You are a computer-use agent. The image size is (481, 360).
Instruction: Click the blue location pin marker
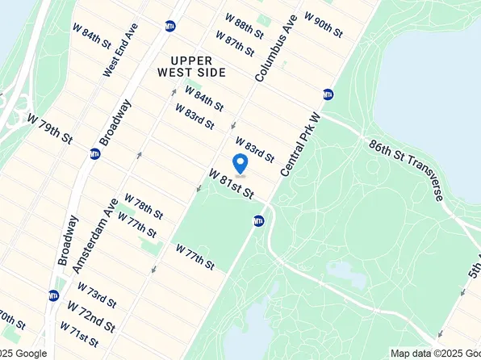tap(240, 164)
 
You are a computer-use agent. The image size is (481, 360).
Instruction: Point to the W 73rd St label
tap(97, 294)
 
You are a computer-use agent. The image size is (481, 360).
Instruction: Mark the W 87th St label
tap(235, 44)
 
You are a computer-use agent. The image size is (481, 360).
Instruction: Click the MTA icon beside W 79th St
tap(95, 153)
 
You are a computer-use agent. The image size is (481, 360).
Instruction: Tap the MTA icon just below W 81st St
tap(258, 220)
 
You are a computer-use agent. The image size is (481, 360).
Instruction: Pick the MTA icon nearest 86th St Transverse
tap(328, 94)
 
